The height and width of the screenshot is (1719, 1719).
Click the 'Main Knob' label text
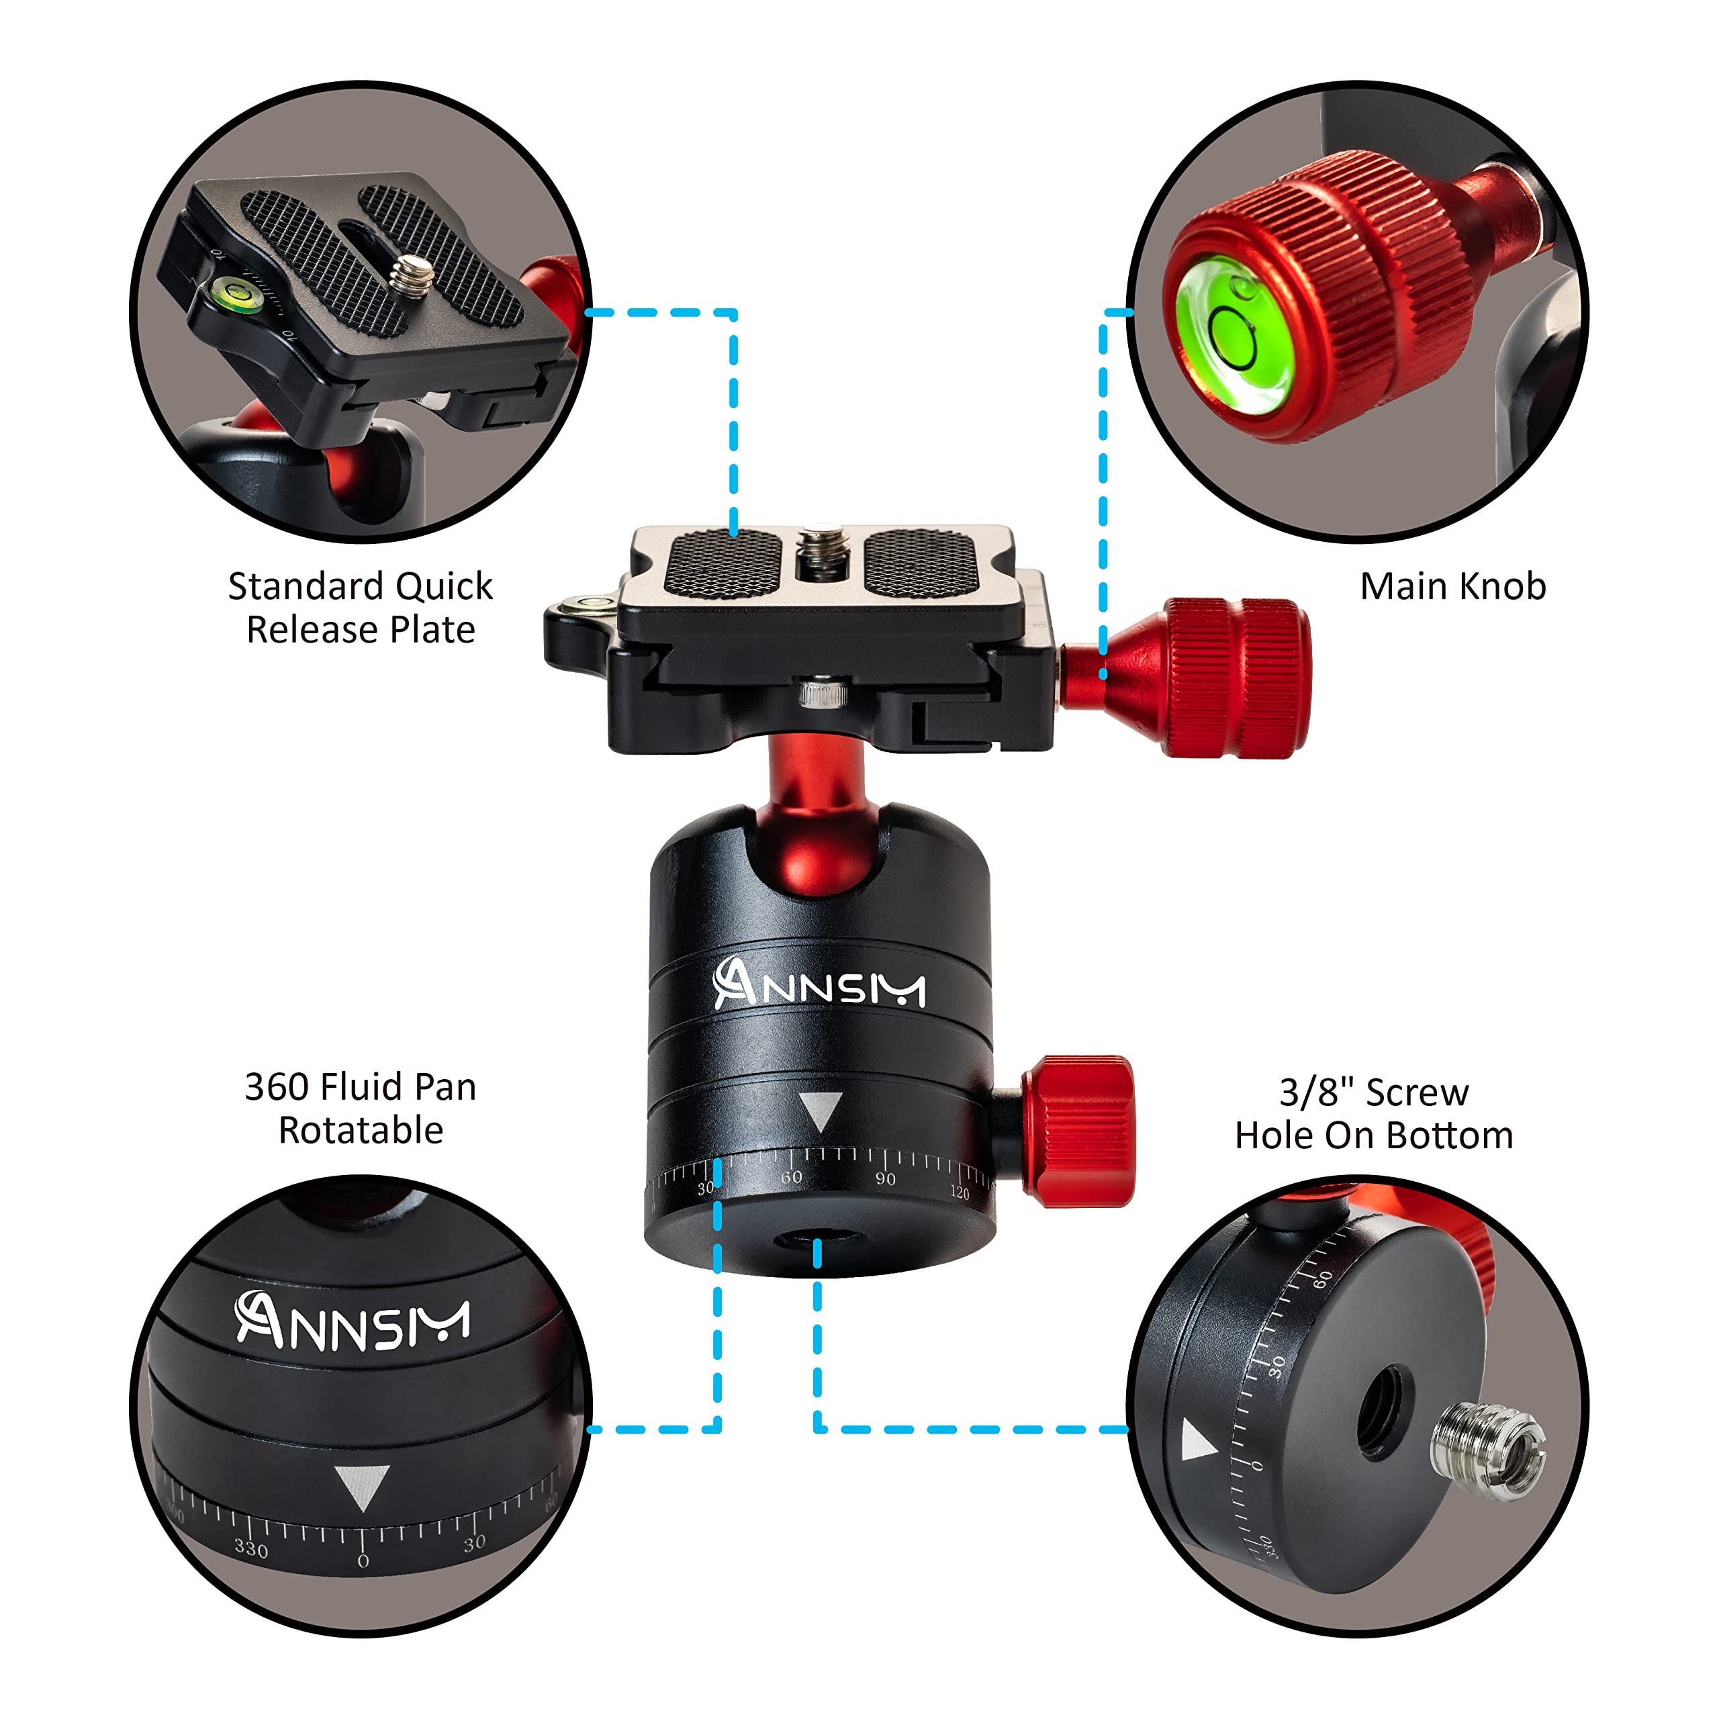coord(1453,586)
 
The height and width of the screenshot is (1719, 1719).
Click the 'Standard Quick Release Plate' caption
coord(361,608)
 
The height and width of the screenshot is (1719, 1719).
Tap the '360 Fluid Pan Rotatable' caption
coord(361,1109)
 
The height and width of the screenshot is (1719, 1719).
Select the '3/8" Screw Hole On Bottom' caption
coord(1374,1113)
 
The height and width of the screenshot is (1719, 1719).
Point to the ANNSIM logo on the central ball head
coord(819,984)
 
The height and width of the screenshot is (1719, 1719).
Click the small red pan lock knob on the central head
coord(1079,1131)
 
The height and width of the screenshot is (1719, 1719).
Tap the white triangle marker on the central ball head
coord(819,1111)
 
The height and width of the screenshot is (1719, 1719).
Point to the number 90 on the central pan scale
coord(885,1179)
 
